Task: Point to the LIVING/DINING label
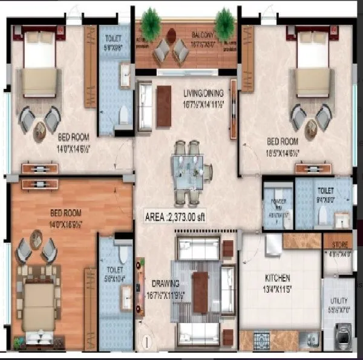click(204, 93)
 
